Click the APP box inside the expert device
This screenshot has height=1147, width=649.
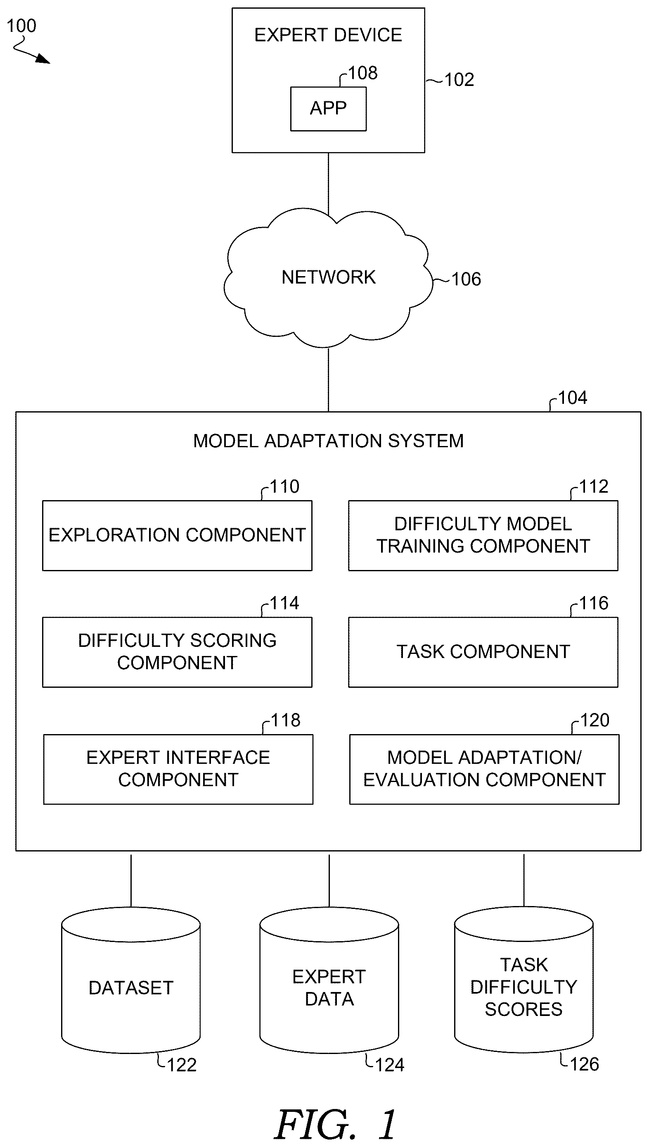coord(329,109)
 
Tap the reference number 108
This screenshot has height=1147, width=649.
coord(363,73)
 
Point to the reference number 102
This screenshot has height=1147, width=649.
coord(459,80)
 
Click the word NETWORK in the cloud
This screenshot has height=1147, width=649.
coord(329,277)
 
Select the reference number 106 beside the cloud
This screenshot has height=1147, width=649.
coord(466,280)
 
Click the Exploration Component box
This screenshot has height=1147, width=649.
coord(178,535)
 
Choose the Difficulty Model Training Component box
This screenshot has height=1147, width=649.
coord(483,535)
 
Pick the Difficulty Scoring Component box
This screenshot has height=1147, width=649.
coord(178,652)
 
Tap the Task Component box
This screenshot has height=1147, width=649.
coord(483,652)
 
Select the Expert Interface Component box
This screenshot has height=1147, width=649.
coord(178,769)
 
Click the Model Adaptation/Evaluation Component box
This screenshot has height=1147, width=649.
coord(485,769)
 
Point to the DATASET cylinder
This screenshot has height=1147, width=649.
coord(131,980)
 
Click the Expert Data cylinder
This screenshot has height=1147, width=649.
coord(329,980)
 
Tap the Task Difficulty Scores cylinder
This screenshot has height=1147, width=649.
coord(524,980)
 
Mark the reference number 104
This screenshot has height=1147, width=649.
coord(573,398)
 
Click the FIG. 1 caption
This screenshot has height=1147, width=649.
coord(336,1125)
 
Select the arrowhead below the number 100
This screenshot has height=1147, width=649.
coord(44,59)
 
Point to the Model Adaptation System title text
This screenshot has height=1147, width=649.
coord(329,441)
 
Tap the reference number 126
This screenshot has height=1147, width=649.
coord(584,1064)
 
